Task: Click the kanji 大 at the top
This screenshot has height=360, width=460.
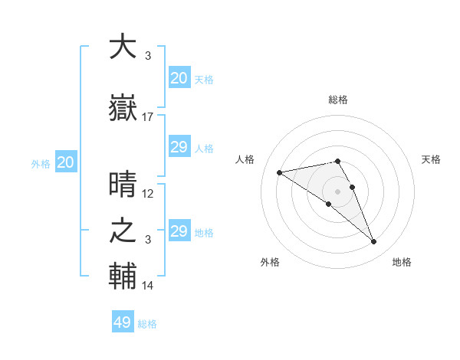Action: click(123, 47)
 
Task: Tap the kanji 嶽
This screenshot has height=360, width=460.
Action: click(123, 110)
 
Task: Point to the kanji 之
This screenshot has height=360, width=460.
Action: click(123, 231)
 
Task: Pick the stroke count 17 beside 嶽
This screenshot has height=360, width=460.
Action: click(148, 117)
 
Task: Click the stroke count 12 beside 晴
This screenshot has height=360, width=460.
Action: click(148, 194)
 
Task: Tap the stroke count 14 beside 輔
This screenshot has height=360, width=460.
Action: click(148, 286)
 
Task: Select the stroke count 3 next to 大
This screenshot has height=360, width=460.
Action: click(147, 56)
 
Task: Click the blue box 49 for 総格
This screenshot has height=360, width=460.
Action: click(123, 322)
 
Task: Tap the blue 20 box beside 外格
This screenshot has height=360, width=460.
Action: click(65, 162)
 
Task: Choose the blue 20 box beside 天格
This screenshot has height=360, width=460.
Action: click(179, 77)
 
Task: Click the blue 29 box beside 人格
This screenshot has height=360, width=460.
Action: click(179, 147)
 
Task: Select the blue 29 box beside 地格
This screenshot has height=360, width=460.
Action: click(179, 231)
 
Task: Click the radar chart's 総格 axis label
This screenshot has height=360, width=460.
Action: click(337, 100)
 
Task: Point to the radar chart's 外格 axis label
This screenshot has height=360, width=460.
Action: click(270, 262)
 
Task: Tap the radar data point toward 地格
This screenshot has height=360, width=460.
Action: click(373, 242)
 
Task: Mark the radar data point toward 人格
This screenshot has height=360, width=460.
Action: click(280, 172)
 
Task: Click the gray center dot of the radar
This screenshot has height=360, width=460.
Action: click(337, 191)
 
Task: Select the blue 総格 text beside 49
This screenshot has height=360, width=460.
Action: click(147, 324)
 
